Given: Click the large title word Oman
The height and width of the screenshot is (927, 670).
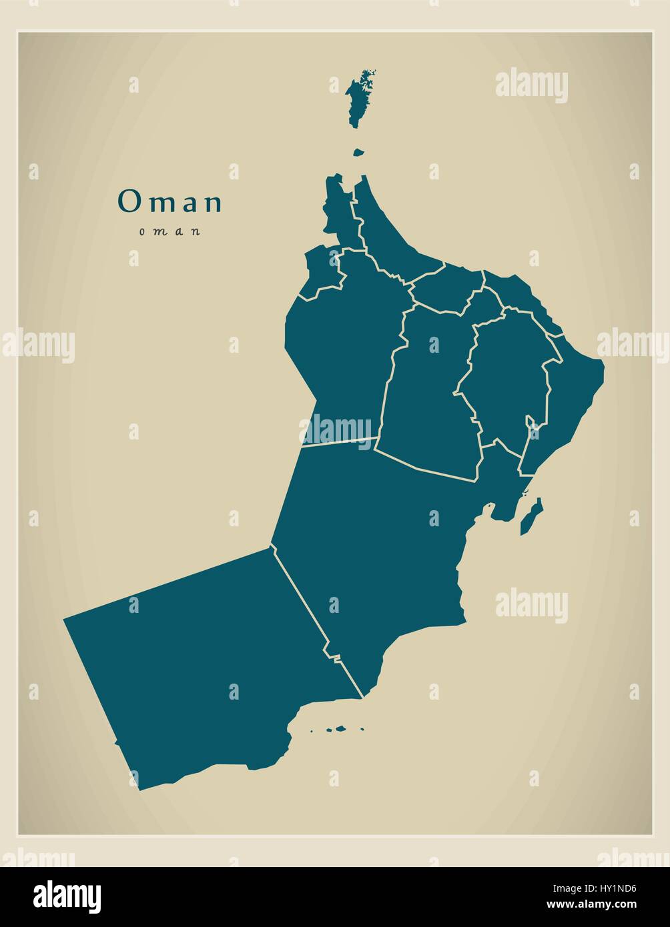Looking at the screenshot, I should pyautogui.click(x=170, y=202).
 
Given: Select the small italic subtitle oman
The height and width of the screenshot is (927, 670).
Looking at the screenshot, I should pyautogui.click(x=170, y=232).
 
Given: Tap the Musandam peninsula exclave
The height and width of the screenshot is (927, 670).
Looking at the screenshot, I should pyautogui.click(x=358, y=100).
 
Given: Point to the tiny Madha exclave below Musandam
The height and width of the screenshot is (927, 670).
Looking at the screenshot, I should pyautogui.click(x=358, y=153).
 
